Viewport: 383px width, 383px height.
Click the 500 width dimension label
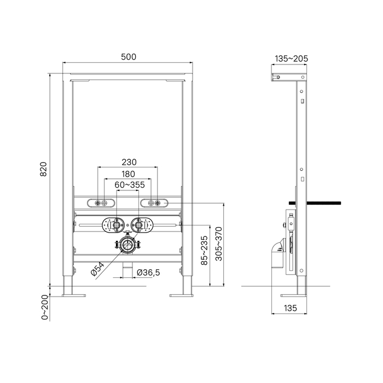(x=129, y=57)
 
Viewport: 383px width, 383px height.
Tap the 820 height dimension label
(x=43, y=169)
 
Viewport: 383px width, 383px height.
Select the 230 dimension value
(x=129, y=162)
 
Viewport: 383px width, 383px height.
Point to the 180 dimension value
(x=128, y=174)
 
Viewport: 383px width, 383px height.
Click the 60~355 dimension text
(x=130, y=185)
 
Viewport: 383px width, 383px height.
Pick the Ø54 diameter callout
(x=97, y=269)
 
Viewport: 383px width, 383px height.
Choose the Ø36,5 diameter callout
(x=148, y=272)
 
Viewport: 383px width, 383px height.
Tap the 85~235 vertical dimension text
(x=204, y=251)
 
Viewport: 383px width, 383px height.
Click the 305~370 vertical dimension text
(x=219, y=244)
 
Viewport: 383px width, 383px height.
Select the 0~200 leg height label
(x=45, y=307)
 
